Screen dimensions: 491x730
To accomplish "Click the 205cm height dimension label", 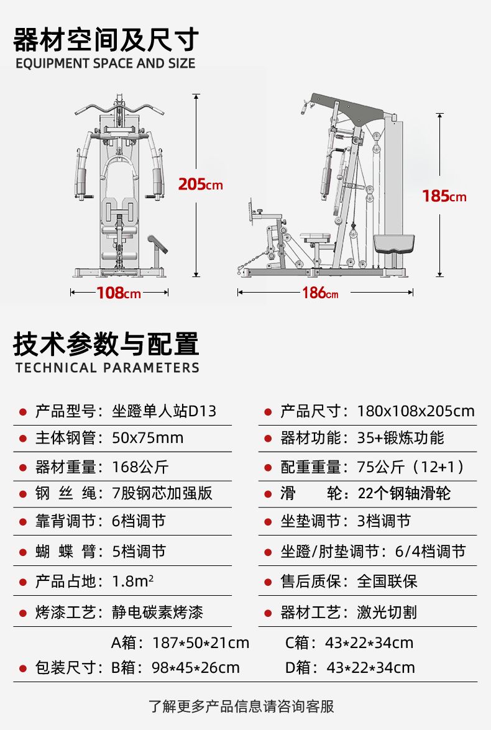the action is [200, 185].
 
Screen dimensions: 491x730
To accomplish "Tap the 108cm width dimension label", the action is [119, 293].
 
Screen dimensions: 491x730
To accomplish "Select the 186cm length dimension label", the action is [320, 293].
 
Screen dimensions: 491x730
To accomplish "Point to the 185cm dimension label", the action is [444, 196].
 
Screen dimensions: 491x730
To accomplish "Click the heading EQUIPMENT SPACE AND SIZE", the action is [105, 63].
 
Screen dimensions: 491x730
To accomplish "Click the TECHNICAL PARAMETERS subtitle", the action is [107, 368].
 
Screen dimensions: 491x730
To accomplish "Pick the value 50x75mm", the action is [148, 438].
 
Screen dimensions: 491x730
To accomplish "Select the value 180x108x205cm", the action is [416, 411].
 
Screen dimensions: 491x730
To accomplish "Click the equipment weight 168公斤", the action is [140, 467].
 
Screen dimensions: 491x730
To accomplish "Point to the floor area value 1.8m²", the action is [133, 582].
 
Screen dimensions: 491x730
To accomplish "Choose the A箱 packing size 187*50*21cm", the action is [201, 643].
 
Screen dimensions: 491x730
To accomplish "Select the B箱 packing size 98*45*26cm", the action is [196, 668].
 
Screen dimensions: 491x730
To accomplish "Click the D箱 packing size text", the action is [350, 668].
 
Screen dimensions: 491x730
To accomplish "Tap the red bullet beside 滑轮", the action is [268, 494].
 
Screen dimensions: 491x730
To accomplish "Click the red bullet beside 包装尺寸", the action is [22, 668].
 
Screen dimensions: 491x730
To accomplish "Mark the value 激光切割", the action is [387, 612].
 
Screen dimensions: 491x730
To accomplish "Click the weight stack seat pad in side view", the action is [393, 244].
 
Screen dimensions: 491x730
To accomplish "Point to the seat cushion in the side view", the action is [315, 238].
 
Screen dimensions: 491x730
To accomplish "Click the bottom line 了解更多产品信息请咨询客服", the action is [241, 706].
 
